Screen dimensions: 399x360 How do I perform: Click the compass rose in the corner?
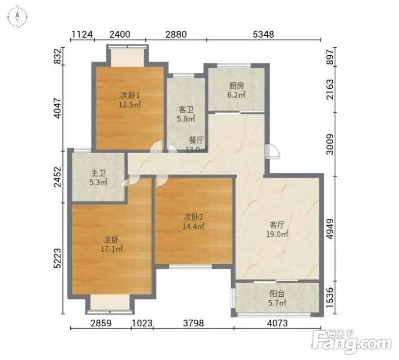[17, 17]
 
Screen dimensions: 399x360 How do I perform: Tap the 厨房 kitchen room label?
[237, 85]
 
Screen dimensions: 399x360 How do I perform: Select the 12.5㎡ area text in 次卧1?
[130, 104]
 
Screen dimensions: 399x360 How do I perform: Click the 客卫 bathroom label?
[186, 110]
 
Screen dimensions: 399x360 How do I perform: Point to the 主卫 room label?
[98, 173]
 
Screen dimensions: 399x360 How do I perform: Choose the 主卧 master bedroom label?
[111, 240]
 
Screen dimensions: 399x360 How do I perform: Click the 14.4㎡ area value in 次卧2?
[194, 226]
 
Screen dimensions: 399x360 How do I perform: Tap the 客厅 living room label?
[277, 225]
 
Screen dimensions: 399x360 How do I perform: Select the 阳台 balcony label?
[277, 294]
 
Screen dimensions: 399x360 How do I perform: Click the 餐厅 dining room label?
[196, 140]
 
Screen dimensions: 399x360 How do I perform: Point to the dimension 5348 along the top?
[263, 34]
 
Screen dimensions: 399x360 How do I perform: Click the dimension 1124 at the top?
[82, 34]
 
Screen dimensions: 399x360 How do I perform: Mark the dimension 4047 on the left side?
[58, 108]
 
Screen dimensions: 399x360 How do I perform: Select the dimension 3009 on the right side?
[330, 144]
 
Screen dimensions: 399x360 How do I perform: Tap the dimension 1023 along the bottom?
[142, 323]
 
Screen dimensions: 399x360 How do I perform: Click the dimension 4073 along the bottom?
[277, 323]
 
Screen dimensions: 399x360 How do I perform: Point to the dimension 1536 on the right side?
[330, 297]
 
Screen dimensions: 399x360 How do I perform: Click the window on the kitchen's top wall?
[234, 65]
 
